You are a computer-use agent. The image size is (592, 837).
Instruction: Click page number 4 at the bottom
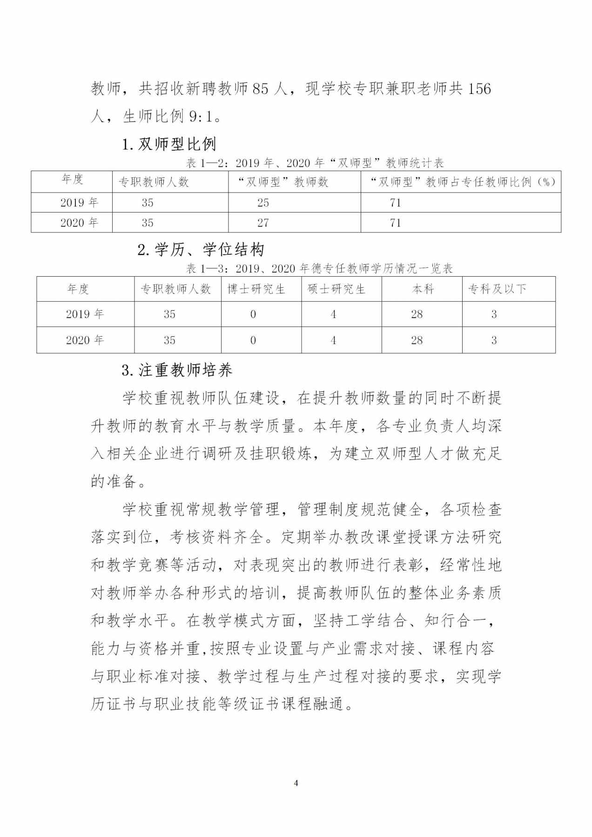[296, 783]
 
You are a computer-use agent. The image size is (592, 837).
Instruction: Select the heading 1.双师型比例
[169, 144]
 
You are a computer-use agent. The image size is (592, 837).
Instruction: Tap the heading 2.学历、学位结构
[201, 250]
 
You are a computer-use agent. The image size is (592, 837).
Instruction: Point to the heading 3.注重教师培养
[177, 370]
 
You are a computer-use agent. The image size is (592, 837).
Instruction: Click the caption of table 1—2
[315, 163]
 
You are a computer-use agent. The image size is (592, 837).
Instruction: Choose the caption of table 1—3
[319, 268]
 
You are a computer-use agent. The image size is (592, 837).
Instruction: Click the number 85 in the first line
[261, 88]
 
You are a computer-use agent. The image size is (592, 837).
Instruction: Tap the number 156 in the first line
[479, 88]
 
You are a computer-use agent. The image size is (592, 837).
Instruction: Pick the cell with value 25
[263, 203]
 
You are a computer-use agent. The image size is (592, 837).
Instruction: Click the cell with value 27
[263, 223]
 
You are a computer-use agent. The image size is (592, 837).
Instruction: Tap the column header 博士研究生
[256, 289]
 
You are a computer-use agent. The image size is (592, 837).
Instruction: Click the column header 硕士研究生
[336, 289]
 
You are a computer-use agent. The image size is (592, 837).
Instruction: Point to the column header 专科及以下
[497, 289]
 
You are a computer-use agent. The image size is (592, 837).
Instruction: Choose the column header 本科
[423, 289]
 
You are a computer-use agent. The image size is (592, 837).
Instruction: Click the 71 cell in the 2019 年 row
[395, 203]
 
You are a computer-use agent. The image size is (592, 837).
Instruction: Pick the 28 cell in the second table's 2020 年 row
[417, 340]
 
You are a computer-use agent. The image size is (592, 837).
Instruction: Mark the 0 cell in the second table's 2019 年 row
[253, 314]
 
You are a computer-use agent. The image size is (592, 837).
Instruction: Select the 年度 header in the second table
[78, 289]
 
